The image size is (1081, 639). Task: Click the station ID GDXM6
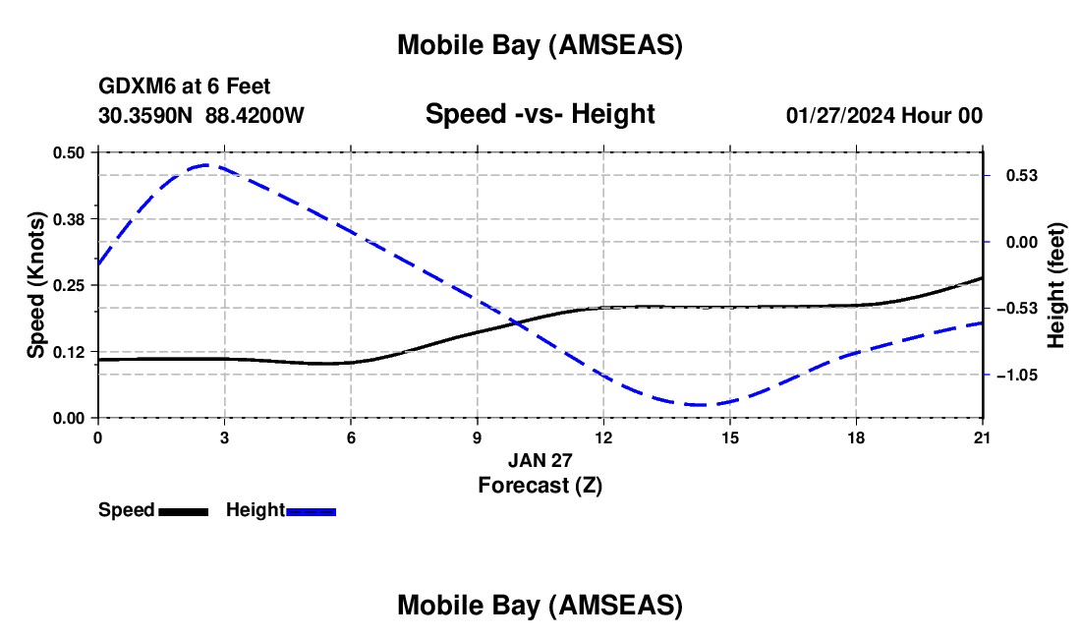(x=133, y=87)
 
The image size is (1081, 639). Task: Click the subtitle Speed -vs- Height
(x=540, y=114)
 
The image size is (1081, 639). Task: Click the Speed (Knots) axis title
(x=36, y=285)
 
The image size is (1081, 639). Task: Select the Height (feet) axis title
(x=1055, y=285)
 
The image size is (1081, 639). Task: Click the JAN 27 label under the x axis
(x=540, y=459)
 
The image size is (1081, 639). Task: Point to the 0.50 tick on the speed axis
(x=69, y=152)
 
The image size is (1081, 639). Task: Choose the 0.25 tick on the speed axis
(x=69, y=285)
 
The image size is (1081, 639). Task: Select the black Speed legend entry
(x=153, y=510)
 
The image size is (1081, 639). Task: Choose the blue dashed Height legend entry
(x=281, y=510)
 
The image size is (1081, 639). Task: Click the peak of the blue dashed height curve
(x=206, y=165)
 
